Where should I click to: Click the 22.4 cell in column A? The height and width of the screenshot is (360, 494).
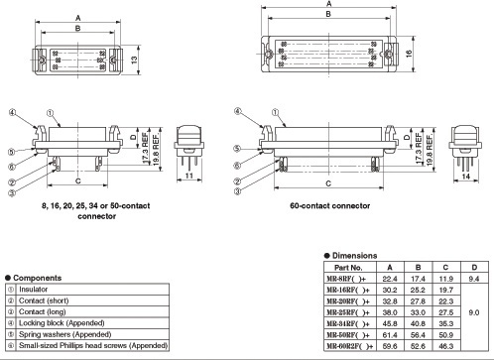pyautogui.click(x=390, y=279)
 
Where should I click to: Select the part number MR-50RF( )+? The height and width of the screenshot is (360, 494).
pyautogui.click(x=348, y=335)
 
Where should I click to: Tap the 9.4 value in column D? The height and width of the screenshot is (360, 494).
pyautogui.click(x=474, y=279)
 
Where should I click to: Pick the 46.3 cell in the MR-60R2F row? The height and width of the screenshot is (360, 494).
pyautogui.click(x=445, y=346)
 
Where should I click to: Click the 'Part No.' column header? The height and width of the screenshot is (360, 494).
pyautogui.click(x=348, y=268)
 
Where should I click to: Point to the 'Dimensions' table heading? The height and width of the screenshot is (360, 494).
pyautogui.click(x=354, y=256)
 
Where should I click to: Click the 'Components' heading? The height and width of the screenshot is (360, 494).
pyautogui.click(x=38, y=278)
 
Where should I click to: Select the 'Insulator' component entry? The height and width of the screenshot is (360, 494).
pyautogui.click(x=33, y=290)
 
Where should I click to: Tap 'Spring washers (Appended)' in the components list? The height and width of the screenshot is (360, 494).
pyautogui.click(x=64, y=334)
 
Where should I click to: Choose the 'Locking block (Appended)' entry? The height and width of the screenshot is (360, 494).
pyautogui.click(x=62, y=323)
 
